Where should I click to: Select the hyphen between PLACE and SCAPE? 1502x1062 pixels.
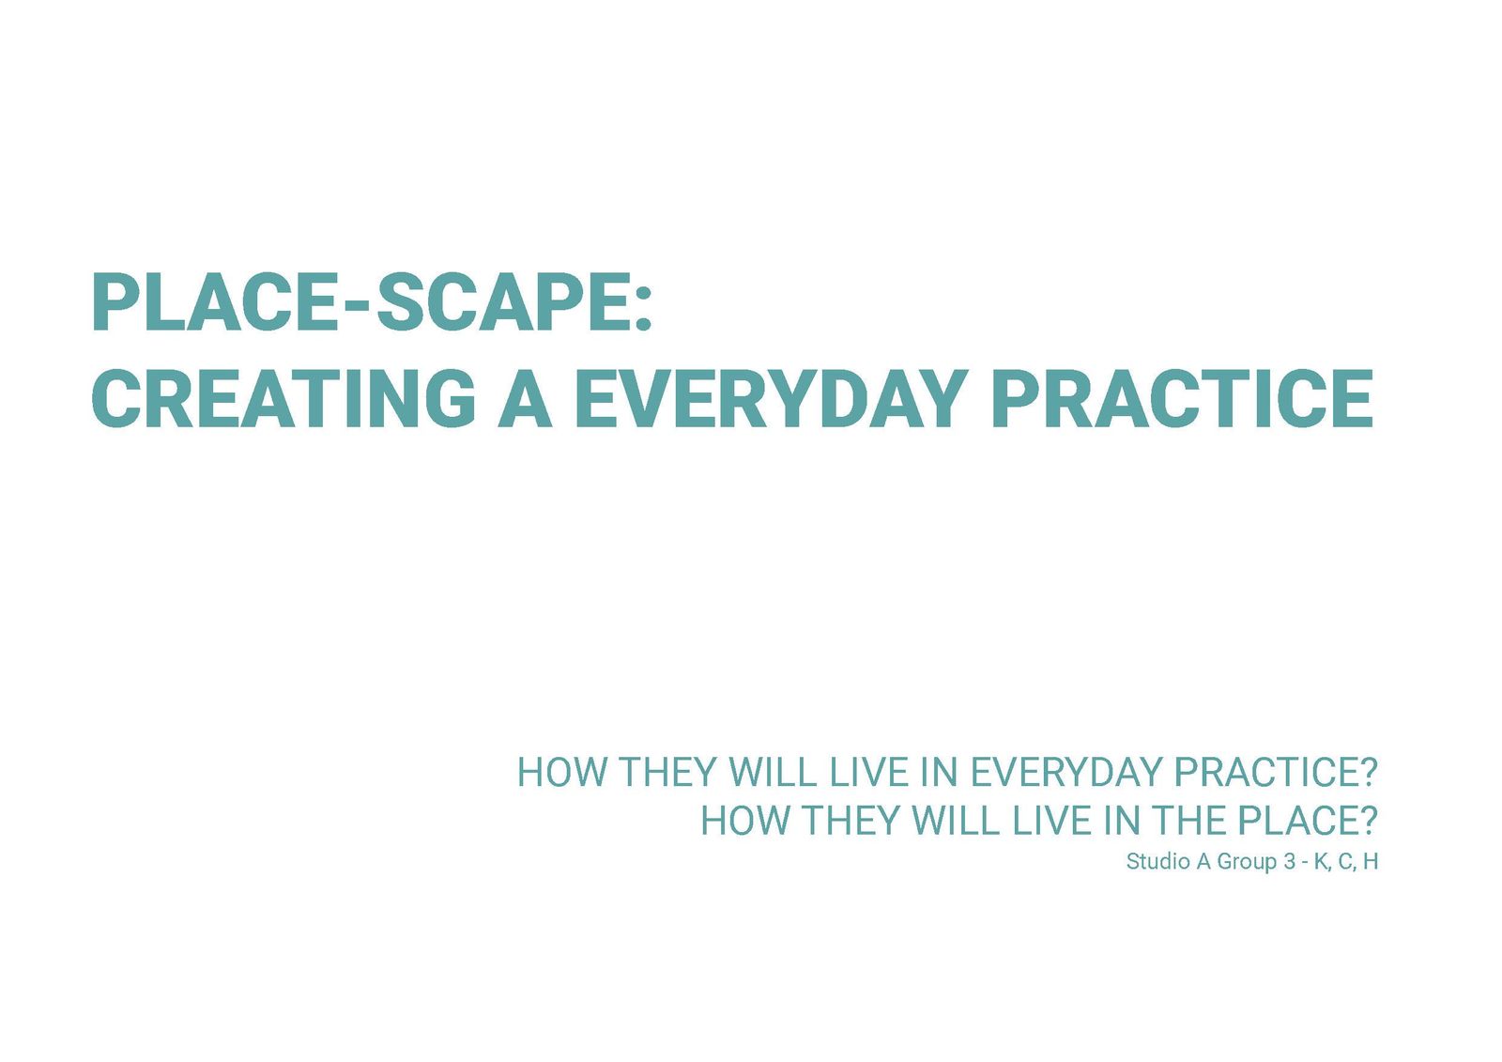[x=353, y=307]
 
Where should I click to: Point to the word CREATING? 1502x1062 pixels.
[x=283, y=400]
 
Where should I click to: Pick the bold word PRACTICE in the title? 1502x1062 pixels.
[x=1183, y=400]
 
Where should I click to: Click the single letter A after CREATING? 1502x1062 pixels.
[x=525, y=400]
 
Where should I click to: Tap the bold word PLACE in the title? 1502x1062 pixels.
[x=215, y=301]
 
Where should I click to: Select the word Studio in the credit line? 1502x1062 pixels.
[x=1158, y=861]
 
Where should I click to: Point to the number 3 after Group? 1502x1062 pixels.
[x=1290, y=861]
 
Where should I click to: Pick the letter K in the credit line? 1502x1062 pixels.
[x=1321, y=861]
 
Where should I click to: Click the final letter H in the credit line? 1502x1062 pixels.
[x=1371, y=861]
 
